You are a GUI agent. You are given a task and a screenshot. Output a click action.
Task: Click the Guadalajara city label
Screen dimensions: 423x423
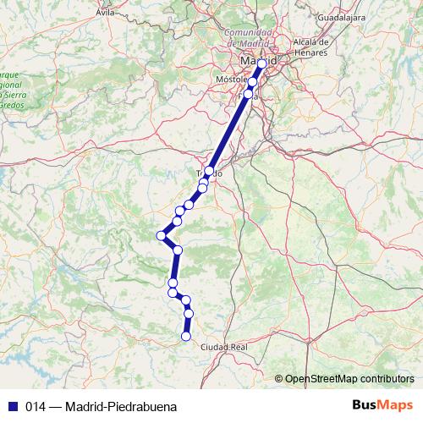coord(340,16)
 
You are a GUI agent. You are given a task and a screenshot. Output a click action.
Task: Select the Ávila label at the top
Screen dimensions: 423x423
coord(105,13)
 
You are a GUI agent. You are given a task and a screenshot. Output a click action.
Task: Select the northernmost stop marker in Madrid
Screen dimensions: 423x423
coord(261,63)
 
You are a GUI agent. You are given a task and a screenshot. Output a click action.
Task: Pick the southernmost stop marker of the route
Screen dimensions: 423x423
coord(186,337)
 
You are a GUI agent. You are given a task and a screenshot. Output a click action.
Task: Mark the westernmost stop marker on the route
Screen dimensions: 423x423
coord(161,235)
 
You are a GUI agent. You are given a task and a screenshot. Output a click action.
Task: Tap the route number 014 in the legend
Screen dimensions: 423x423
coord(36,406)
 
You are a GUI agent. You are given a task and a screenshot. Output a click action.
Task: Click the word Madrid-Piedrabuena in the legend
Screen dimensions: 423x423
coord(120,406)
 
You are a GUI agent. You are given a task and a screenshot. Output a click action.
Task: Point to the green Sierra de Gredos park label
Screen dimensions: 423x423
coord(12,98)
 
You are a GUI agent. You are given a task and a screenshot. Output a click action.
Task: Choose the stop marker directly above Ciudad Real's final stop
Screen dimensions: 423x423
coord(189,314)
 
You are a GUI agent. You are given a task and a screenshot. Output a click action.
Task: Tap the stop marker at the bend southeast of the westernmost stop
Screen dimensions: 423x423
coord(178,250)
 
